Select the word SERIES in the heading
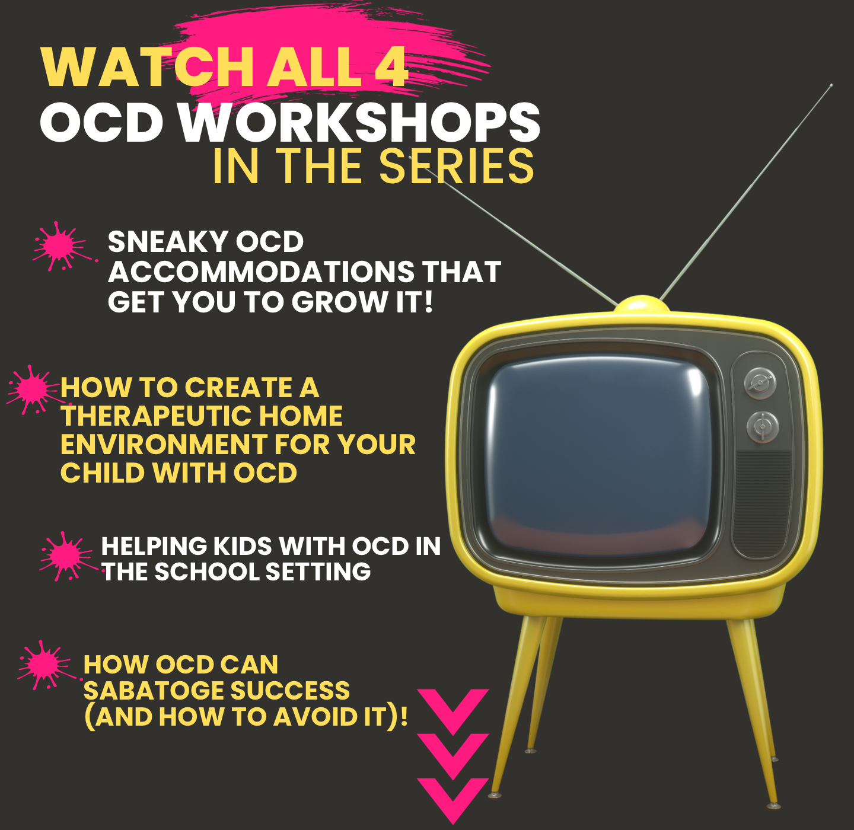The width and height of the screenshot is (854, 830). click(x=457, y=166)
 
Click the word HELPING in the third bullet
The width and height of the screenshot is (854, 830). click(x=154, y=546)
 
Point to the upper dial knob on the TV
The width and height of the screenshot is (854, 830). click(x=760, y=384)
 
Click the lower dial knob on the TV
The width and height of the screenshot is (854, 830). click(x=763, y=426)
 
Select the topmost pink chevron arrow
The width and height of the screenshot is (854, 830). click(x=453, y=711)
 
